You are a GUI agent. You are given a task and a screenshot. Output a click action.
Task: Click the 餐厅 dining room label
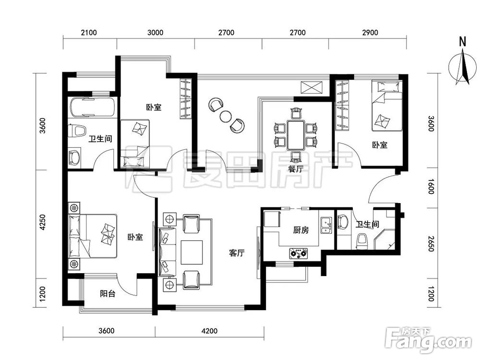click(x=295, y=168)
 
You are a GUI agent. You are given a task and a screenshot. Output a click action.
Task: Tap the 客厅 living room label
click(x=237, y=253)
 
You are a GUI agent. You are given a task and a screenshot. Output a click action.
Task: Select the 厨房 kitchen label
click(x=300, y=230)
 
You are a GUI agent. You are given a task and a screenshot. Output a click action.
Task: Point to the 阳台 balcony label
click(x=108, y=294)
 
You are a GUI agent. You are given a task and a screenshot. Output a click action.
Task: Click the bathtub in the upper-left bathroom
click(x=93, y=107)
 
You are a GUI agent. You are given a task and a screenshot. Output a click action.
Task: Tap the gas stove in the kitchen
click(x=299, y=253)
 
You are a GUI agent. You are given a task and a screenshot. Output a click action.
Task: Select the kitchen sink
click(x=326, y=226)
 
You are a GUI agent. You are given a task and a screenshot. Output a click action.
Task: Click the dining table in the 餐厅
click(x=295, y=135)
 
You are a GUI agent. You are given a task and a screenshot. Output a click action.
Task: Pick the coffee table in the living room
click(x=192, y=252)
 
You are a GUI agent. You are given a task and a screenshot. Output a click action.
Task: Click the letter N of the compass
click(x=463, y=41)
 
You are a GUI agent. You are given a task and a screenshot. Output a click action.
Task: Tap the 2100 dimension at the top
click(x=89, y=33)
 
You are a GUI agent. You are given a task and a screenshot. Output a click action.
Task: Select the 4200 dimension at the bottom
click(x=209, y=331)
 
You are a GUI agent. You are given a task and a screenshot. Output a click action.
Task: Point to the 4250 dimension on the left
click(x=43, y=223)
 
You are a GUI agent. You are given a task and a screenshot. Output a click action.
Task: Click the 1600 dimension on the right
click(x=431, y=186)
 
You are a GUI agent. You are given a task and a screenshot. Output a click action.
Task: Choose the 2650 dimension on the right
click(x=431, y=244)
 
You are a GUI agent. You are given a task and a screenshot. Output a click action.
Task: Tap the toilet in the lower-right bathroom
click(x=362, y=241)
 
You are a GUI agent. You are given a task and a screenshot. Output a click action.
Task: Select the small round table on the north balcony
click(x=226, y=116)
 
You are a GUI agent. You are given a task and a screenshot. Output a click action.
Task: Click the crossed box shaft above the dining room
click(x=312, y=87)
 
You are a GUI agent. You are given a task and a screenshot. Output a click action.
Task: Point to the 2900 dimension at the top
click(x=370, y=33)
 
